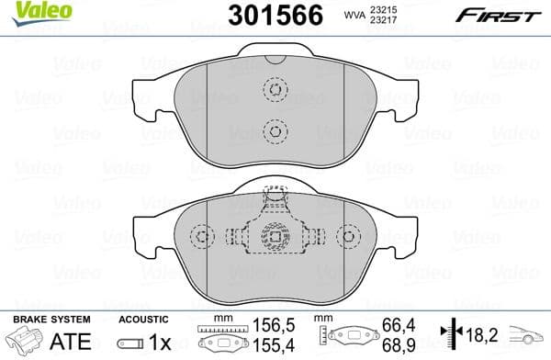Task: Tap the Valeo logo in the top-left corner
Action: [x=29, y=12]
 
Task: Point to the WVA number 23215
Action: [x=381, y=8]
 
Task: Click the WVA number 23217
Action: [x=381, y=22]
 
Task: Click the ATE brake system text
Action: [x=75, y=343]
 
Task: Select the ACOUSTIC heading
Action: [x=144, y=319]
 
